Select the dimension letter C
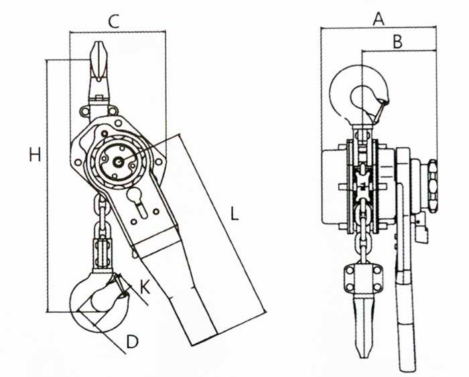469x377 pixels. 114,21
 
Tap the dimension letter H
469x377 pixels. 35,155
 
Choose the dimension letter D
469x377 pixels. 133,342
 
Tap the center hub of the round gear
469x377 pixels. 118,161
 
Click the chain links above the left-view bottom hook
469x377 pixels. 103,234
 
